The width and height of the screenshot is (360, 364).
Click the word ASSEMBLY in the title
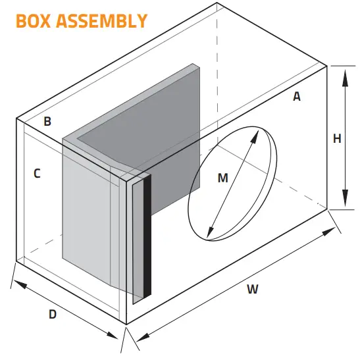pyautogui.click(x=103, y=21)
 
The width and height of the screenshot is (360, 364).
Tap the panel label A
pyautogui.click(x=297, y=97)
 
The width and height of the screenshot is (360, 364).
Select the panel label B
pyautogui.click(x=47, y=121)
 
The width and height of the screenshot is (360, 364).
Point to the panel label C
pyautogui.click(x=37, y=174)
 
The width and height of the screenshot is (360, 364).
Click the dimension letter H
pyautogui.click(x=337, y=139)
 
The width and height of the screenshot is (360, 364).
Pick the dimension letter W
pyautogui.click(x=253, y=288)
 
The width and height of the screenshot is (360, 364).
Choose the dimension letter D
pyautogui.click(x=53, y=315)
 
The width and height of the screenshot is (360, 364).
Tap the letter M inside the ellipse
pyautogui.click(x=222, y=178)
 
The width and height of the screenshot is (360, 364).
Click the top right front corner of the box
pyautogui.click(x=327, y=66)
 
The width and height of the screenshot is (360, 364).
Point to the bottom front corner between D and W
pyautogui.click(x=126, y=325)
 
